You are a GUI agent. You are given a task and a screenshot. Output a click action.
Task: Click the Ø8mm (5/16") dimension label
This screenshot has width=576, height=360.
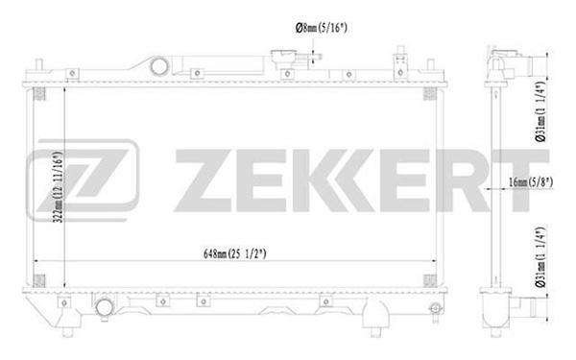[321, 28]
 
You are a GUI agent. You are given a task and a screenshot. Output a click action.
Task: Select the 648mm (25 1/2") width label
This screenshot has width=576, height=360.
[235, 253]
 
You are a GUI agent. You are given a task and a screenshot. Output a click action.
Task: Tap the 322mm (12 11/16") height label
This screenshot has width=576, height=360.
[59, 187]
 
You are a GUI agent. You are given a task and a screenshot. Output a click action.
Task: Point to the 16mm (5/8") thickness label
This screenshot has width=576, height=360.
[531, 181]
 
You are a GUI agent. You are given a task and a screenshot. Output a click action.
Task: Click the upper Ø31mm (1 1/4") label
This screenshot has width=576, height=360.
[540, 111]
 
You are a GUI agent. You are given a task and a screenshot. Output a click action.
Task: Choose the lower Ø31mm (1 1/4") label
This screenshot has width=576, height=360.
[540, 257]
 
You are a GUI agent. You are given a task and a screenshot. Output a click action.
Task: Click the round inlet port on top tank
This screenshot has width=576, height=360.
[159, 66]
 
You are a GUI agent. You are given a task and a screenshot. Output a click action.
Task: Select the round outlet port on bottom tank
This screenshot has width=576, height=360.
[105, 307]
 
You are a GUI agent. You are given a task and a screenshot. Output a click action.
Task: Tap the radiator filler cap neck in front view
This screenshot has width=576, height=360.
[285, 58]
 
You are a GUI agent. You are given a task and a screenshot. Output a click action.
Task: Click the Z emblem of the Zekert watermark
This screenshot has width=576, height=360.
[83, 180]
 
